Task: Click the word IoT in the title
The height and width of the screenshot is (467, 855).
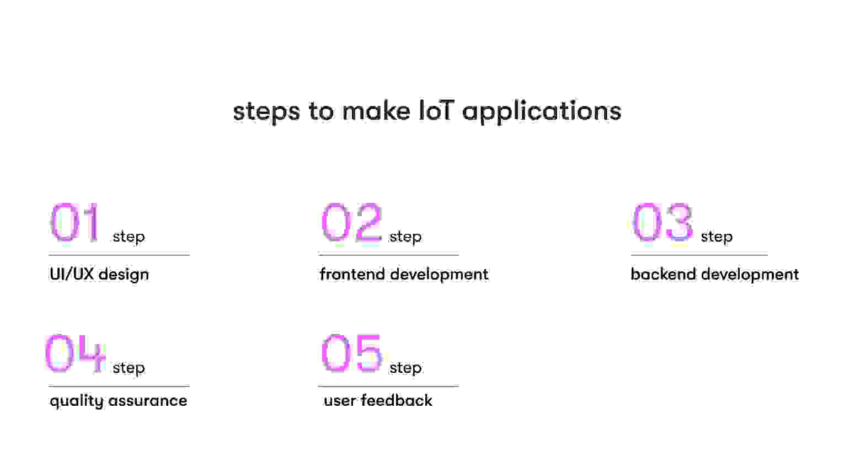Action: (435, 111)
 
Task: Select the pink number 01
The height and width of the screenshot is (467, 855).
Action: (75, 222)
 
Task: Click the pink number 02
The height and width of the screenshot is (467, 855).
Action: (351, 222)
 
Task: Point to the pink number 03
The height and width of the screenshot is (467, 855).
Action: (662, 222)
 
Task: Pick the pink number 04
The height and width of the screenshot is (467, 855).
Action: (75, 353)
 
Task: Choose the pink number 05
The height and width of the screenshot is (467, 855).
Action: (351, 353)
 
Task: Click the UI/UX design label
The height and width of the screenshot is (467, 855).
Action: (99, 274)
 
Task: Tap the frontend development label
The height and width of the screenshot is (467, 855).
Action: (404, 274)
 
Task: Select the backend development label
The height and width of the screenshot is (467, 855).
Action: (714, 274)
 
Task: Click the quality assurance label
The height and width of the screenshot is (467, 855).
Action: (118, 401)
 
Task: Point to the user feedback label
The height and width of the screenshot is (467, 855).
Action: (378, 400)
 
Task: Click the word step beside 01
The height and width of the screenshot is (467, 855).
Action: (129, 237)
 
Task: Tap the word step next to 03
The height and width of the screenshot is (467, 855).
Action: (717, 237)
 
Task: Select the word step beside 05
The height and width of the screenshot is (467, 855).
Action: (405, 368)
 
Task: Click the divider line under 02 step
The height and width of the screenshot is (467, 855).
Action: (388, 255)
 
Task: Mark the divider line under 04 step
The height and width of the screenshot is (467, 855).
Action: (119, 386)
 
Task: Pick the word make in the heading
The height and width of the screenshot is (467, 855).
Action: (376, 111)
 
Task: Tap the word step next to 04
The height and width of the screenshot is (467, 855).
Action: (129, 368)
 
